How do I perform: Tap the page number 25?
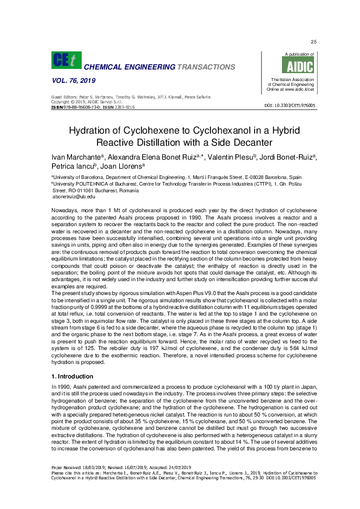313,42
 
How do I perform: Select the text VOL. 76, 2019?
68,81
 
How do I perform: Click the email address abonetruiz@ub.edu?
74,196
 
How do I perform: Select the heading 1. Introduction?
74,360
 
